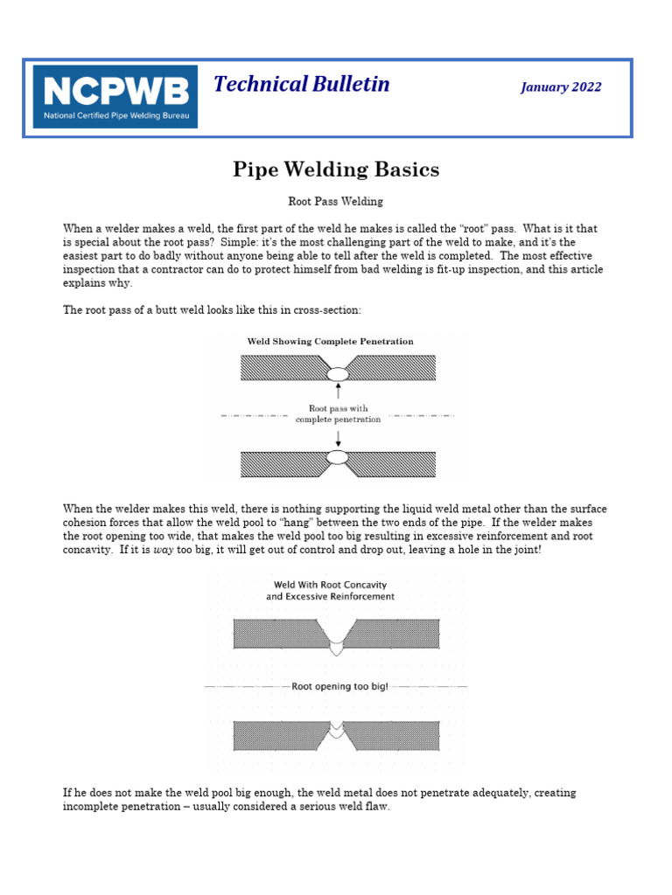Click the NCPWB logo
point(115,96)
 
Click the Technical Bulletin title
point(302,84)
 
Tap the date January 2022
point(561,87)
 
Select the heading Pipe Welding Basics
point(336,169)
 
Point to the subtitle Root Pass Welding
point(336,202)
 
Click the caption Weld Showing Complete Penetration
point(331,342)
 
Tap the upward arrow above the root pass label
point(338,391)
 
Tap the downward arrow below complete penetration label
point(338,436)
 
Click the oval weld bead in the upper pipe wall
point(338,374)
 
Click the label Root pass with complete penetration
point(339,413)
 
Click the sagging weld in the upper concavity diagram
point(337,645)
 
